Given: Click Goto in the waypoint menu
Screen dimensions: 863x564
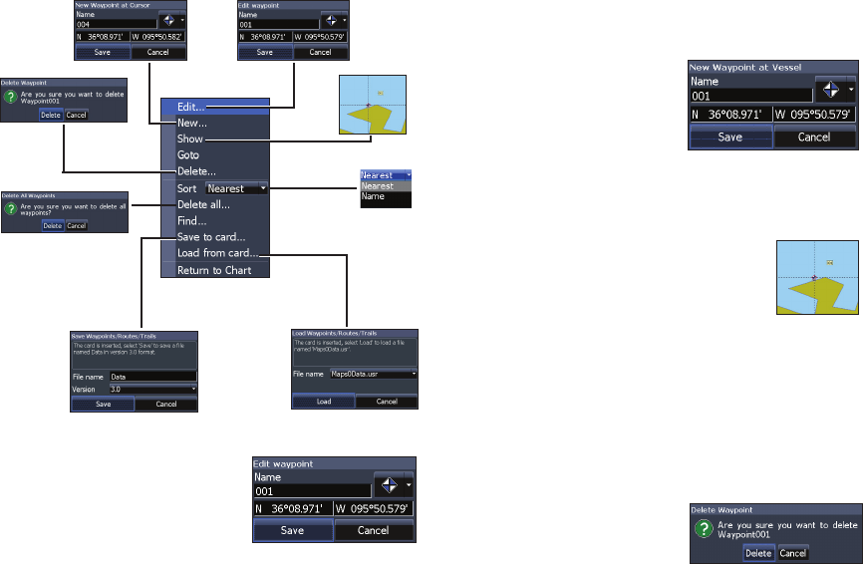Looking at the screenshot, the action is pos(188,155).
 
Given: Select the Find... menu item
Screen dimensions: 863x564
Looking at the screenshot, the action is pos(192,220).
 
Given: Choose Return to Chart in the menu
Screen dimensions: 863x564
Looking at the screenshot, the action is pos(214,270).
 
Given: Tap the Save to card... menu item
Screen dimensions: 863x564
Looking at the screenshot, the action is pos(209,237).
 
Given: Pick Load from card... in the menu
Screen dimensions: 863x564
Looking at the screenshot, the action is pos(217,253).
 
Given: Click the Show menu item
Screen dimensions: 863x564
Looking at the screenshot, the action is pos(190,140).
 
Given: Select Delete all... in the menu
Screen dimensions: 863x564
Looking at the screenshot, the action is pos(203,204).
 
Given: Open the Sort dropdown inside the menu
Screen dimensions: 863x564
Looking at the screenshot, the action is pos(236,187).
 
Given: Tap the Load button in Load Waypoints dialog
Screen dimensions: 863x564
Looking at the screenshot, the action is pos(323,402).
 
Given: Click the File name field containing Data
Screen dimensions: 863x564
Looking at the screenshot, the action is pos(153,377).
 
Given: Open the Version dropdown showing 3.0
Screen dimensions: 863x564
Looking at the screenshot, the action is pos(153,389).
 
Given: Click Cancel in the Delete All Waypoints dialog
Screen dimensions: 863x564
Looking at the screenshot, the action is pos(77,226).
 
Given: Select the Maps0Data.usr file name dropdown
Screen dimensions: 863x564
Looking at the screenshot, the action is pos(373,374).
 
